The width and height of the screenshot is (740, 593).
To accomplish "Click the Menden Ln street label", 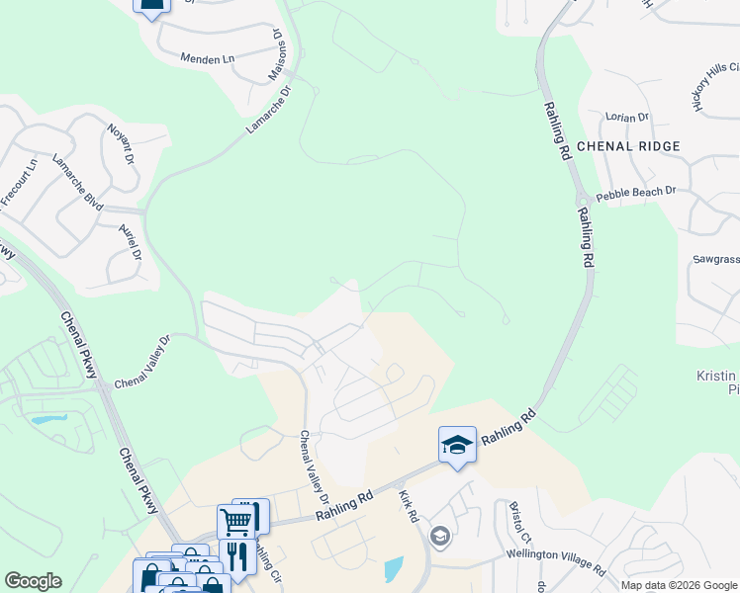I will coord(207,59).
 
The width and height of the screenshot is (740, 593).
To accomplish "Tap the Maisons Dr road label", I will coord(276,54).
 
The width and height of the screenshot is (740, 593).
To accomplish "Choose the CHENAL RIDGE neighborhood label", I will coord(628,146).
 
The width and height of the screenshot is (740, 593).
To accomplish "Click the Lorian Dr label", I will coord(627,117).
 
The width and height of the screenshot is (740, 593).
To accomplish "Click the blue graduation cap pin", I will coord(457,444).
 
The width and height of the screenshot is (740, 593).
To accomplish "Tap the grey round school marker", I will coord(440,537).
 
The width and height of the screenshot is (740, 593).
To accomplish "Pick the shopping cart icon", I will coord(236,520).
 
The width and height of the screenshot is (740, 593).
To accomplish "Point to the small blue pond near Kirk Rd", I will coord(393,568).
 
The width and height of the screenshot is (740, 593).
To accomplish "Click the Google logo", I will coord(33,581).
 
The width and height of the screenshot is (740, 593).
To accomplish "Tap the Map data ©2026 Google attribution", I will coord(678,585).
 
